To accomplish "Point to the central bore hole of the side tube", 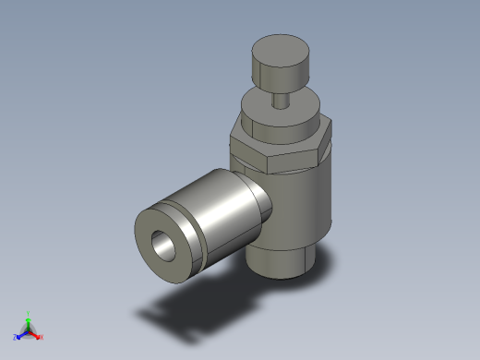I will [165, 245].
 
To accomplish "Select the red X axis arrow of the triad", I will [37, 336].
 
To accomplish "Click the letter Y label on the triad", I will [29, 312].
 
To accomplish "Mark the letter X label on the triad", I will [42, 338].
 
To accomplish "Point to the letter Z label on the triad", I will [15, 338].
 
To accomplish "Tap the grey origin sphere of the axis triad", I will [29, 330].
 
